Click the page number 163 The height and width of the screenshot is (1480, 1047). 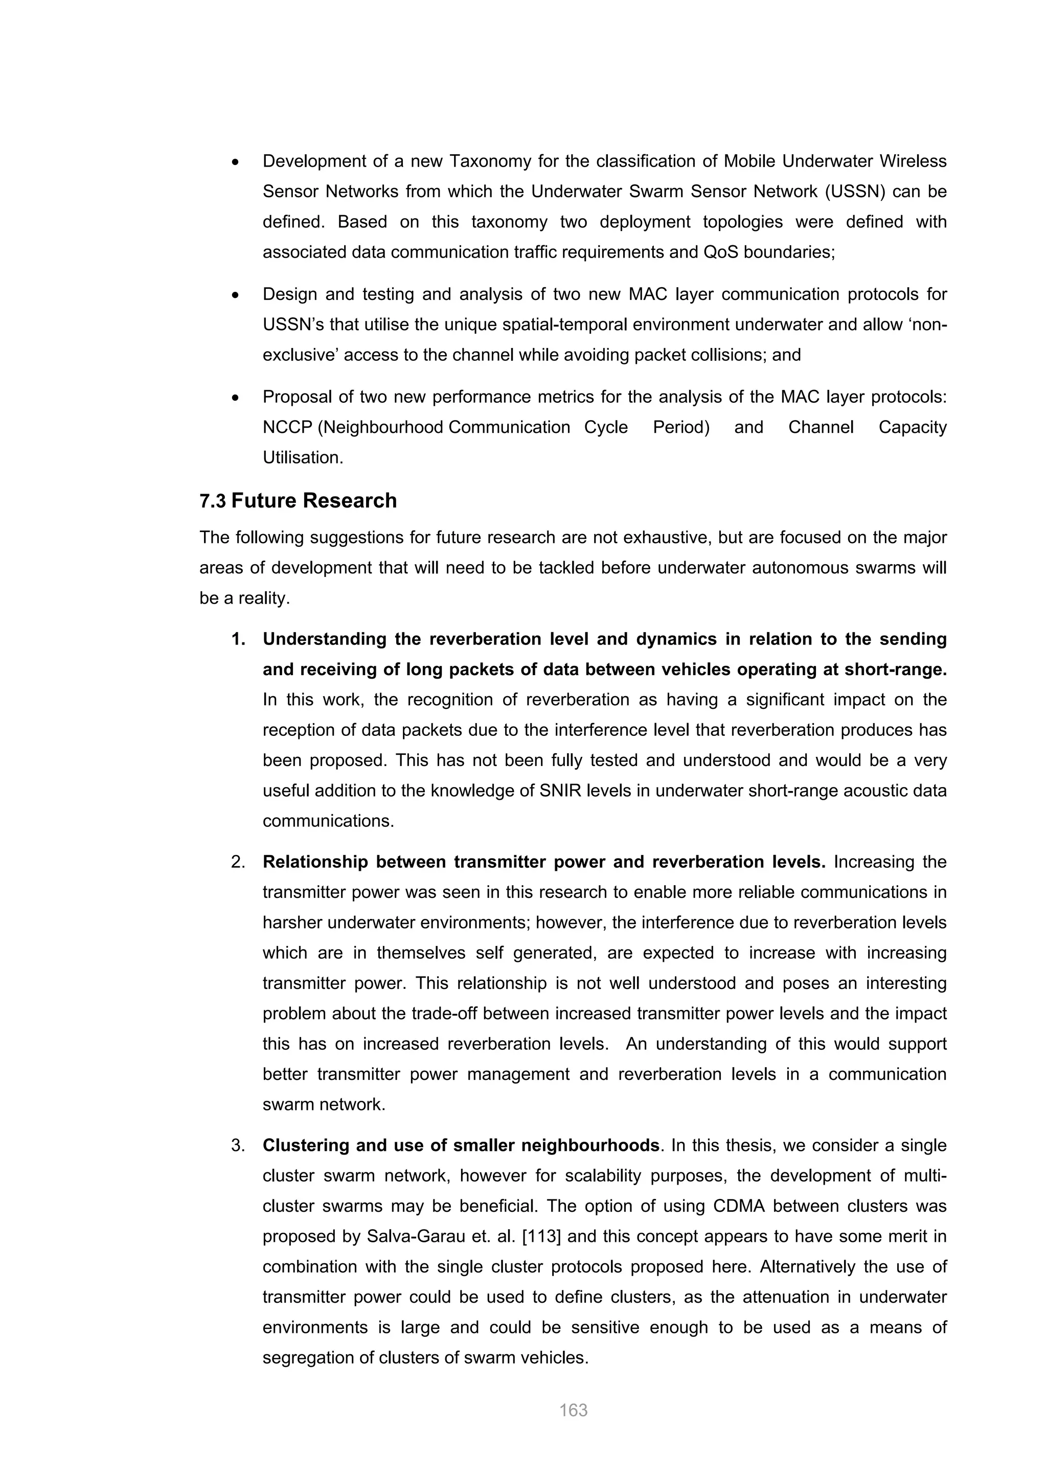pos(573,1410)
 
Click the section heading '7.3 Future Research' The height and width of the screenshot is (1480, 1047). pos(298,501)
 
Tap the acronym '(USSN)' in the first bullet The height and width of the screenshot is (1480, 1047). pos(847,192)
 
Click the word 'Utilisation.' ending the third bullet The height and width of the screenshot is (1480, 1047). pos(302,458)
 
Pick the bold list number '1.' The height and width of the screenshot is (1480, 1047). pos(238,639)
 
